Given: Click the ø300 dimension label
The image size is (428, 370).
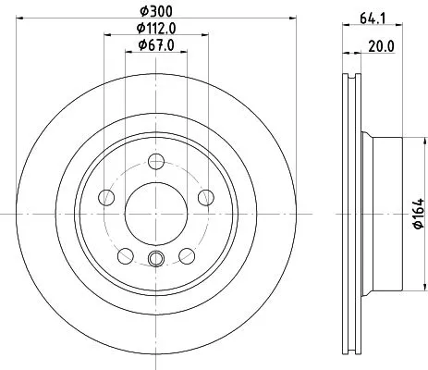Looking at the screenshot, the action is (156, 12).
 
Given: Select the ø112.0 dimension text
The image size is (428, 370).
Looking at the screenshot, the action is (156, 29).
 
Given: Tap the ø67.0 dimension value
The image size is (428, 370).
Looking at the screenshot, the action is (156, 45).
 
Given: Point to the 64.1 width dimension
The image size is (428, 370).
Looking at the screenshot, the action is (373, 18).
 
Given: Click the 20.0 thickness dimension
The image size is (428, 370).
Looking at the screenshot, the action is (381, 47).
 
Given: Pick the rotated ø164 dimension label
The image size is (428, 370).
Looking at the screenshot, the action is (419, 214).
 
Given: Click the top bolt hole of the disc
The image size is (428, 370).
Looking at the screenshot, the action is (156, 161).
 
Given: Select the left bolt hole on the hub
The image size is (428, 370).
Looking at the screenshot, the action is (106, 197).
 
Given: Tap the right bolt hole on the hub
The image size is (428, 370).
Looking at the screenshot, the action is (206, 197).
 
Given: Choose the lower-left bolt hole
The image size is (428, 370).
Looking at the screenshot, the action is (126, 256).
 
